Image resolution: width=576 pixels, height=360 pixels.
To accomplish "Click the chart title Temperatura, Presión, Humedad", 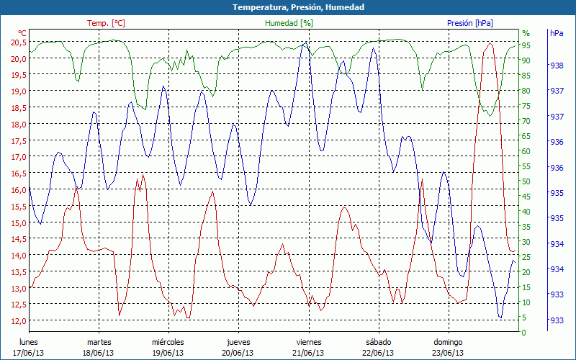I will coord(288,7).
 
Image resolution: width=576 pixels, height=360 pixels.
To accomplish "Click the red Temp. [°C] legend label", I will coord(106,23).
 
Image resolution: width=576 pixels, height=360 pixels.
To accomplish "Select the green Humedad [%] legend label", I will coord(289,23).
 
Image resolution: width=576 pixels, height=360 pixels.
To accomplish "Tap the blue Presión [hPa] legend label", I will coord(470,23).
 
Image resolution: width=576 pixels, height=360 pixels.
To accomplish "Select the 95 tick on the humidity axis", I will coord(526,45).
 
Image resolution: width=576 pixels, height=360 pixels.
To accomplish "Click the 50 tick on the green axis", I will coord(526,181).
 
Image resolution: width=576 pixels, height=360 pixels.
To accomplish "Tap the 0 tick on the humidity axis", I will coord(524,333).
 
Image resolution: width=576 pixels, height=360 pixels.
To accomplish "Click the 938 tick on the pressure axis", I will coord(557,66).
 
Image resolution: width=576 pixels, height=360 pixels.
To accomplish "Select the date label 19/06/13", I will coord(168,353).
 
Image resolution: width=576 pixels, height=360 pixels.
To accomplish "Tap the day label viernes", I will coord(309,342).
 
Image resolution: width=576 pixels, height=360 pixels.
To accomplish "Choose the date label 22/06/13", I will coord(378,353).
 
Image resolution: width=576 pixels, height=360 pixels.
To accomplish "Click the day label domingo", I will coord(448,342).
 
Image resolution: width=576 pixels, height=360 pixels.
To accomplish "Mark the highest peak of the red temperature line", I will coord(490,43).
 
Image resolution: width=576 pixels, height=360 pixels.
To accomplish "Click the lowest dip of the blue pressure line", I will coord(500,317).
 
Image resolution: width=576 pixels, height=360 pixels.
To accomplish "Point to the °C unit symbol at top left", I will coord(22,33).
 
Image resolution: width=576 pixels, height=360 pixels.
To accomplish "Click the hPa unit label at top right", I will coord(557,33).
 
